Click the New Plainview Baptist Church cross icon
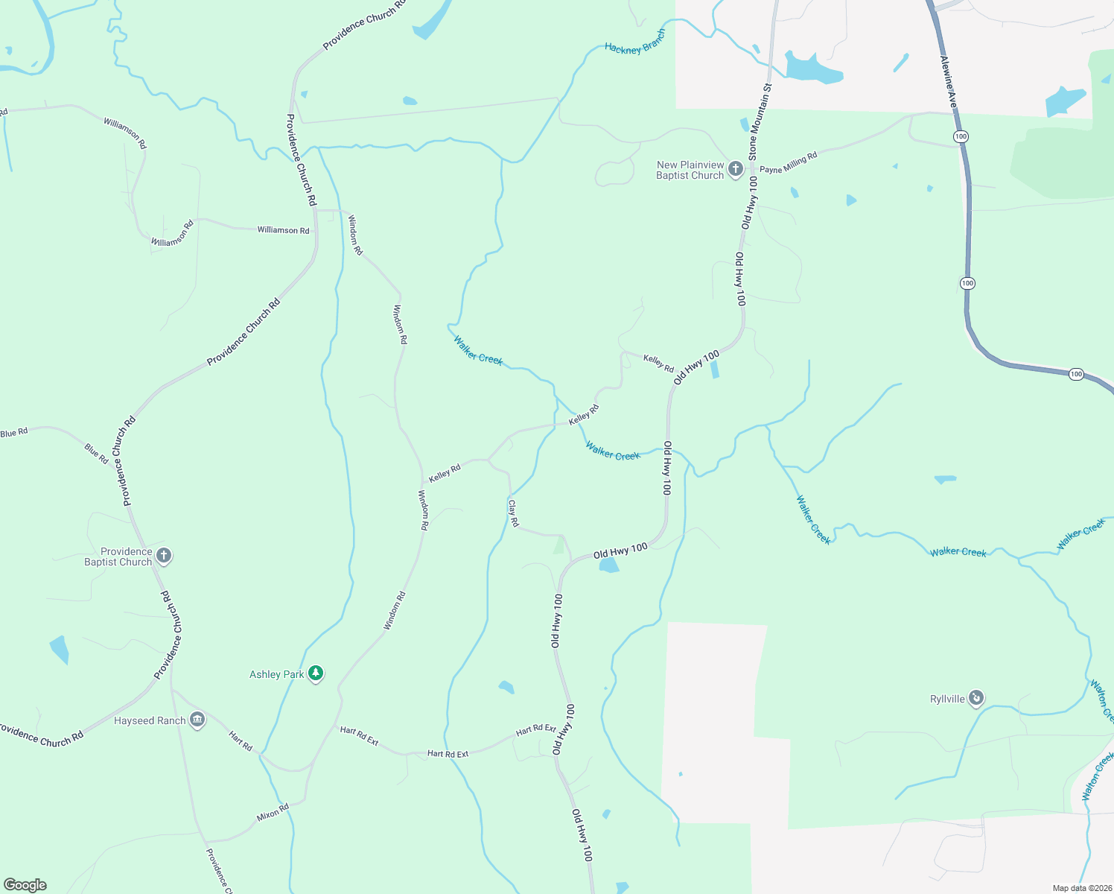coord(736,169)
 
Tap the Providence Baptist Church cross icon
coord(164,556)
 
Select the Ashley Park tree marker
coord(316,673)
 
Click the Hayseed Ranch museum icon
coord(197,720)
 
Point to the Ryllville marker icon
coord(976,698)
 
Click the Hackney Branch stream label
coord(634,45)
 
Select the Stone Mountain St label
coord(760,121)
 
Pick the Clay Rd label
coord(513,513)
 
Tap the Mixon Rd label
coord(273,812)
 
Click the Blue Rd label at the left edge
coord(14,433)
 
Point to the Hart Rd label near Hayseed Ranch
coord(241,741)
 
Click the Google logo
coord(25,885)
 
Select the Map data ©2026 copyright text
coord(1082,888)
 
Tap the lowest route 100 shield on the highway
coord(1076,374)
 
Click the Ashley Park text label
coord(276,674)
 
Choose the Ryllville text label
coord(947,699)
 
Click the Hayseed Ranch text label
coord(150,720)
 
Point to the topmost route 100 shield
coord(961,136)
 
